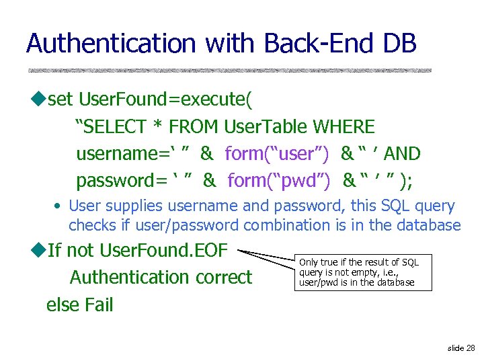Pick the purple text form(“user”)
click(x=277, y=154)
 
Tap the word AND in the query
click(x=402, y=154)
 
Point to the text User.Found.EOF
click(x=164, y=251)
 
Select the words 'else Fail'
click(x=79, y=305)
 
